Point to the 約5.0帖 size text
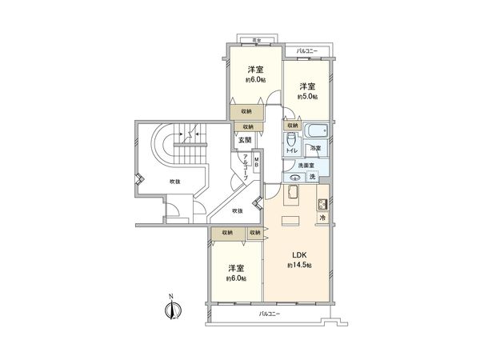[307, 97]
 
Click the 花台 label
[254, 38]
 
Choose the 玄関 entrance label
[243, 140]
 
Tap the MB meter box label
[256, 163]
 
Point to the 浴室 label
[317, 149]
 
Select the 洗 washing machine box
[313, 177]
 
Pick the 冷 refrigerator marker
[322, 218]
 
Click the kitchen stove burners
[322, 203]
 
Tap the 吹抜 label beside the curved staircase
[174, 182]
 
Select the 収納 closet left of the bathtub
[291, 126]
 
